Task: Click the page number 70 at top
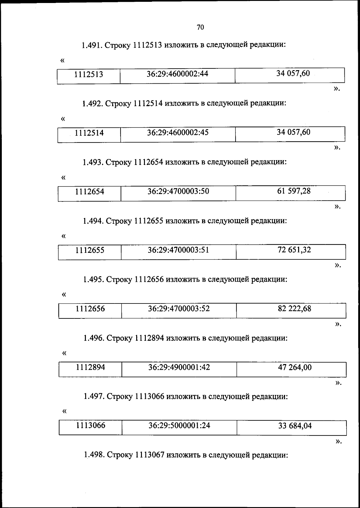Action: pyautogui.click(x=200, y=28)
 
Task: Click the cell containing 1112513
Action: pyautogui.click(x=89, y=74)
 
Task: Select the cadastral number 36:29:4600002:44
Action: pyautogui.click(x=177, y=74)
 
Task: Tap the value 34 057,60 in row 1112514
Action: pyautogui.click(x=293, y=132)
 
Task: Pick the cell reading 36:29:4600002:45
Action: pyautogui.click(x=178, y=133)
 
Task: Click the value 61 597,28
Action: pyautogui.click(x=294, y=191)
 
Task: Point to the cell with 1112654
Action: pyautogui.click(x=90, y=192)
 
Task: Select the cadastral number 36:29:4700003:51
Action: pyautogui.click(x=178, y=250)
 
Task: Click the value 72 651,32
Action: pyautogui.click(x=294, y=250)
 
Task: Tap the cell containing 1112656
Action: pyautogui.click(x=90, y=309)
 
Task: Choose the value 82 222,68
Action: pyautogui.click(x=294, y=309)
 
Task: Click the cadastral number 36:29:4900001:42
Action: pyautogui.click(x=179, y=367)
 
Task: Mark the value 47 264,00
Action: pyautogui.click(x=295, y=367)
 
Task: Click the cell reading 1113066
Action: pyautogui.click(x=91, y=426)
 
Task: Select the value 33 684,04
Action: pyautogui.click(x=295, y=426)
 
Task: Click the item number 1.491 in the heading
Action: pyautogui.click(x=92, y=45)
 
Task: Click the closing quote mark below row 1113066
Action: pyautogui.click(x=338, y=441)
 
